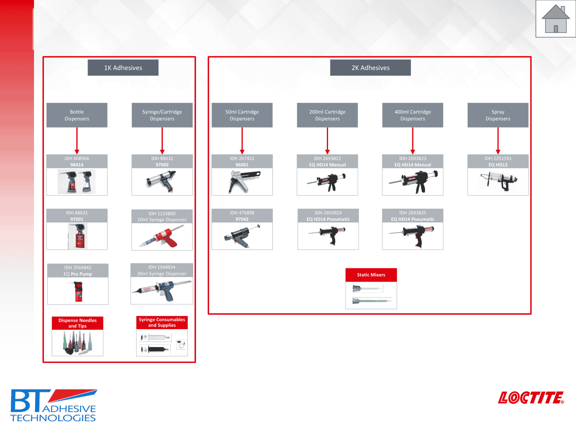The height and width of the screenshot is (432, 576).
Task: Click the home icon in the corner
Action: (x=556, y=19)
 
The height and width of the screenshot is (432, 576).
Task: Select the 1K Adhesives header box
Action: (x=123, y=68)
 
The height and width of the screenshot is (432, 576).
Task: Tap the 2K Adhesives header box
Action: (x=370, y=68)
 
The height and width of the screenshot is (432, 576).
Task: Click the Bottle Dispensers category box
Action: (x=77, y=115)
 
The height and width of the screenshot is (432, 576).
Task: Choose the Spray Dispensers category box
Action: (x=498, y=115)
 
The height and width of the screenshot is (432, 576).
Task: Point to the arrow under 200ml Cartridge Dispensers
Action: (x=327, y=141)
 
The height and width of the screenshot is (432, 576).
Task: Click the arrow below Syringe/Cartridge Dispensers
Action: (x=162, y=141)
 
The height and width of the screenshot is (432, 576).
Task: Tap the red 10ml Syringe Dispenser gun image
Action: (x=162, y=237)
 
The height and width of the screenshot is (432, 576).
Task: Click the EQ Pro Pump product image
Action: (x=78, y=291)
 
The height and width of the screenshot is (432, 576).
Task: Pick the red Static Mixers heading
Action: (x=371, y=275)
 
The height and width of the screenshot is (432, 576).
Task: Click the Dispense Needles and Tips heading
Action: (x=78, y=323)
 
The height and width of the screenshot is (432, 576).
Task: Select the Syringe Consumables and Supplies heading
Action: (x=162, y=322)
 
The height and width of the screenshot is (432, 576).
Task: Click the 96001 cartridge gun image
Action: (x=242, y=181)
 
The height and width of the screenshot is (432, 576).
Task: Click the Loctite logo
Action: (x=530, y=398)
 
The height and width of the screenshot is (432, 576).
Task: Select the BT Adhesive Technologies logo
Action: (x=53, y=406)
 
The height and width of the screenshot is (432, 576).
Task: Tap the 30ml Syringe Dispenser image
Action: (x=162, y=290)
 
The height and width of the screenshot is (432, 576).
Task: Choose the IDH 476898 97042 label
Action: (x=242, y=216)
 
